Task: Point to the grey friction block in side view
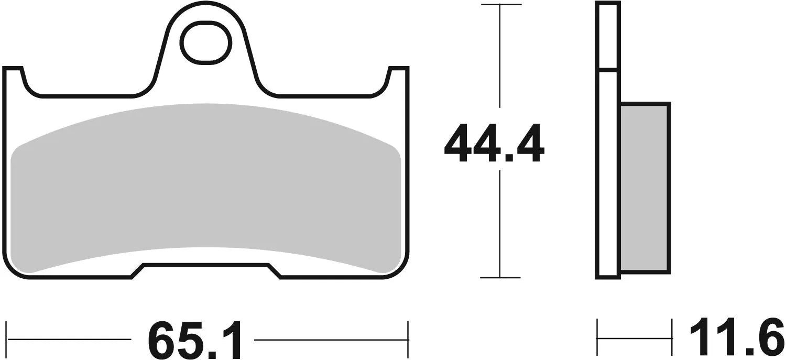pos(644,188)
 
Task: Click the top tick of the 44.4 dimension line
pos(500,5)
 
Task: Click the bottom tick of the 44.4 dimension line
pos(500,277)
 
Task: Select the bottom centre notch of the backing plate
pos(206,270)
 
